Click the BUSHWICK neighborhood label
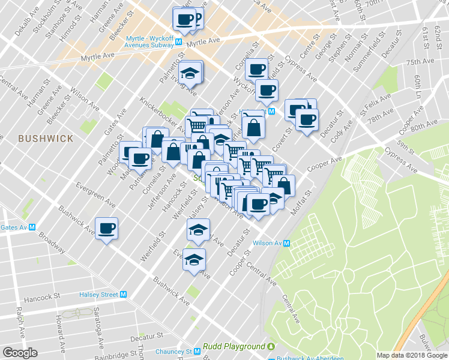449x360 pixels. pos(46,139)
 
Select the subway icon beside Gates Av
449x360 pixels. pos(32,227)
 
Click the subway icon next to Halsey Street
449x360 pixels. pos(124,295)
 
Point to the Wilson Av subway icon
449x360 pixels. pos(287,243)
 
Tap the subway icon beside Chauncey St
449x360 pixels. pos(196,352)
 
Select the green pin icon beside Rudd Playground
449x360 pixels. pos(271,347)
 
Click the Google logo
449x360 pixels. pos(20,353)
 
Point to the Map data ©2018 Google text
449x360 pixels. pos(412,355)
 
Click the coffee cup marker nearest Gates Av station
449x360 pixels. pos(107,229)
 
